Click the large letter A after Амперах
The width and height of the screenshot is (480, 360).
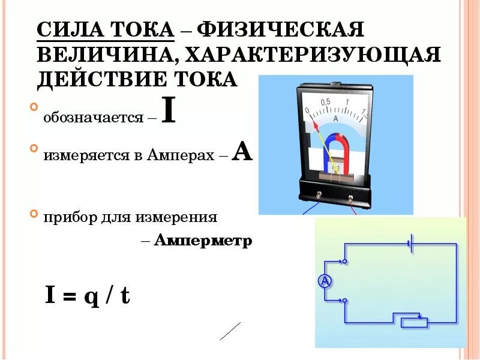(x=242, y=152)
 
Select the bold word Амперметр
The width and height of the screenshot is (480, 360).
(x=203, y=241)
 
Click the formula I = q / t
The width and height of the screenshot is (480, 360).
(x=88, y=295)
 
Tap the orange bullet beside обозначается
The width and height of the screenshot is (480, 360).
(x=32, y=109)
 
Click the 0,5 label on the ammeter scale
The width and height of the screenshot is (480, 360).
(x=326, y=102)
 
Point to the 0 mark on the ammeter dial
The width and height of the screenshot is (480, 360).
(x=307, y=111)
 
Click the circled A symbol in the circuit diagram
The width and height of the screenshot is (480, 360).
(x=324, y=280)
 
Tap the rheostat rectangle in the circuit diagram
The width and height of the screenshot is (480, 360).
(x=414, y=323)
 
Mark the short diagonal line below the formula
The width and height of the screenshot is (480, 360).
(x=230, y=331)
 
